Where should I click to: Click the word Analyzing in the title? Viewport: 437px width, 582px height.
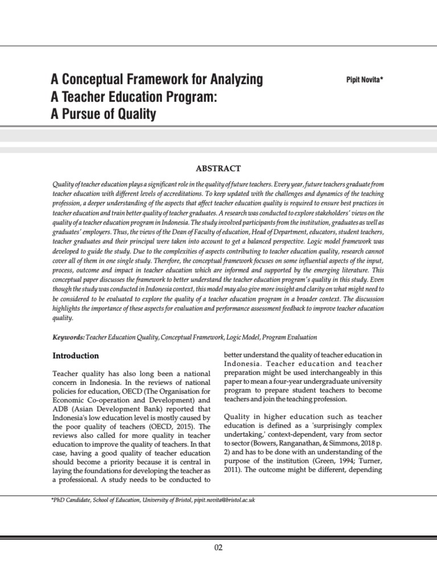point(230,80)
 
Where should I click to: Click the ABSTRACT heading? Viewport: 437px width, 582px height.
point(218,168)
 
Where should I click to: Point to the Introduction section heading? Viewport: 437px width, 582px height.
point(76,356)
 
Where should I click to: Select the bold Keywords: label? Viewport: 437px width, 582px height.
point(68,337)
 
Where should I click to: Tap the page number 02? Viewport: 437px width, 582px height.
point(218,548)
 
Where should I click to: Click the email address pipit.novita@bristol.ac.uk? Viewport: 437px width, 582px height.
point(224,500)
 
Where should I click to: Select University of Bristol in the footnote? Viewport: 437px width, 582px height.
point(166,500)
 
